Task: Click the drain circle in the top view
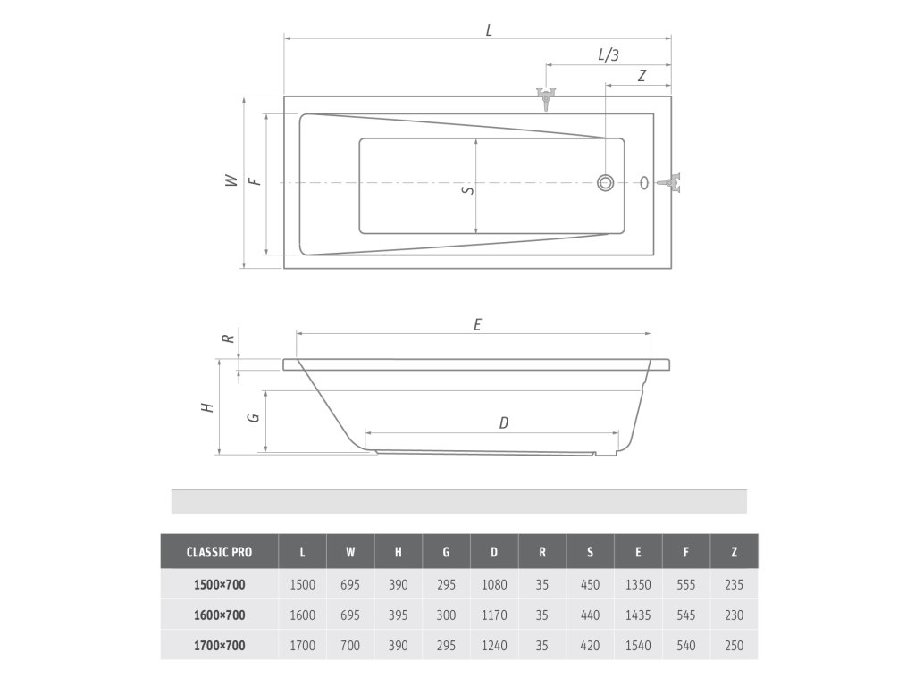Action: pyautogui.click(x=605, y=182)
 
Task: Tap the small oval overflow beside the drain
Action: pyautogui.click(x=644, y=182)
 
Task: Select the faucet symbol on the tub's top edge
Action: pyautogui.click(x=546, y=98)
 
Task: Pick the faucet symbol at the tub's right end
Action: pyautogui.click(x=670, y=182)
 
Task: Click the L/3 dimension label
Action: pyautogui.click(x=609, y=54)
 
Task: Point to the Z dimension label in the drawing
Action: pyautogui.click(x=642, y=76)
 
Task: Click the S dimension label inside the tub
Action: pyautogui.click(x=468, y=189)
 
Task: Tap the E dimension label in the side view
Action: pyautogui.click(x=477, y=324)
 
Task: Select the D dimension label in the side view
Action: pyautogui.click(x=504, y=422)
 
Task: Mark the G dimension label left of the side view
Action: pyautogui.click(x=253, y=418)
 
